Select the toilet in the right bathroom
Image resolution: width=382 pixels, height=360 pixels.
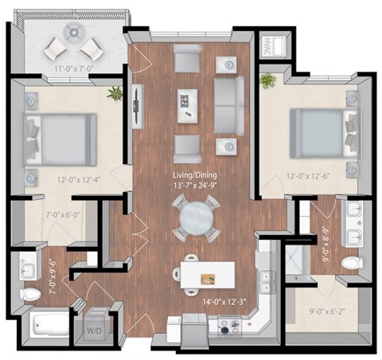tap(349, 262)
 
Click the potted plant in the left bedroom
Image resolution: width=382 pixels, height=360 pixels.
tap(115, 92)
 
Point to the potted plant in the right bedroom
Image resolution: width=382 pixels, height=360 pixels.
tap(267, 80)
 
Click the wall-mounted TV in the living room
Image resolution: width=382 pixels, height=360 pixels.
tap(138, 100)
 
